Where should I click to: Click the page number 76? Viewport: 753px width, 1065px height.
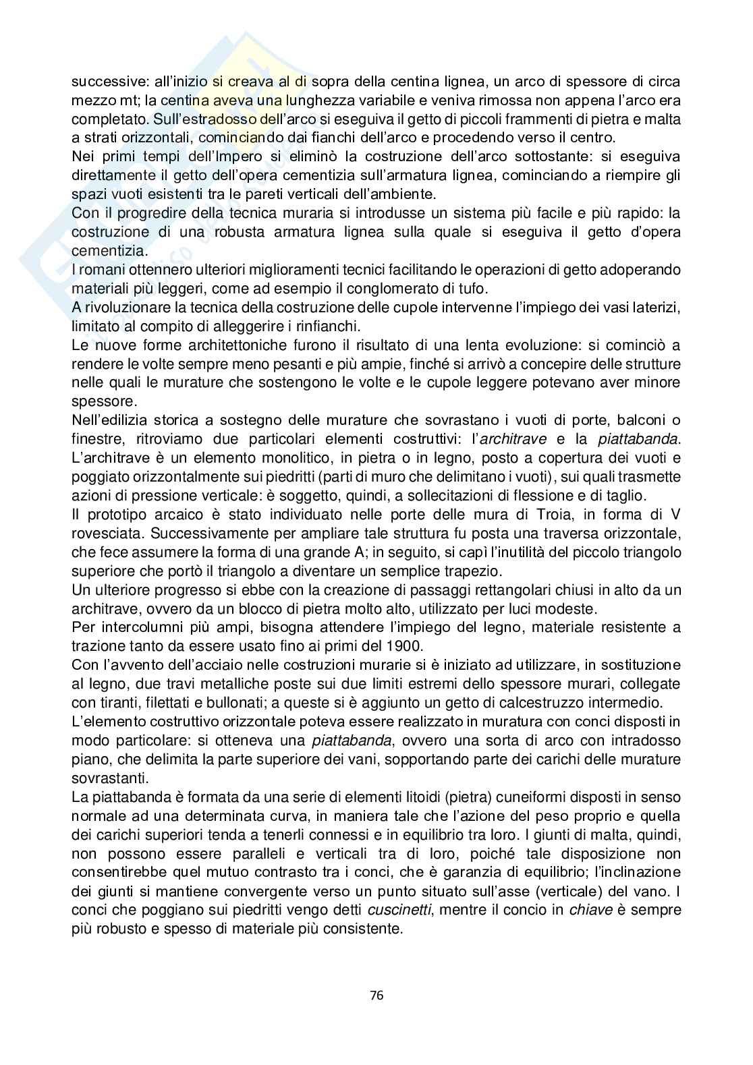[x=376, y=994]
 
